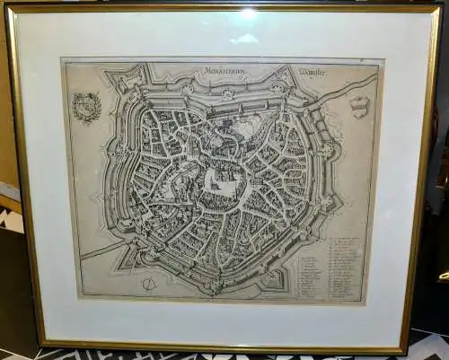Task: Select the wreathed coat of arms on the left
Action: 87,107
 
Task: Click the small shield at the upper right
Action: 359,107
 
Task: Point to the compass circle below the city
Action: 148,284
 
